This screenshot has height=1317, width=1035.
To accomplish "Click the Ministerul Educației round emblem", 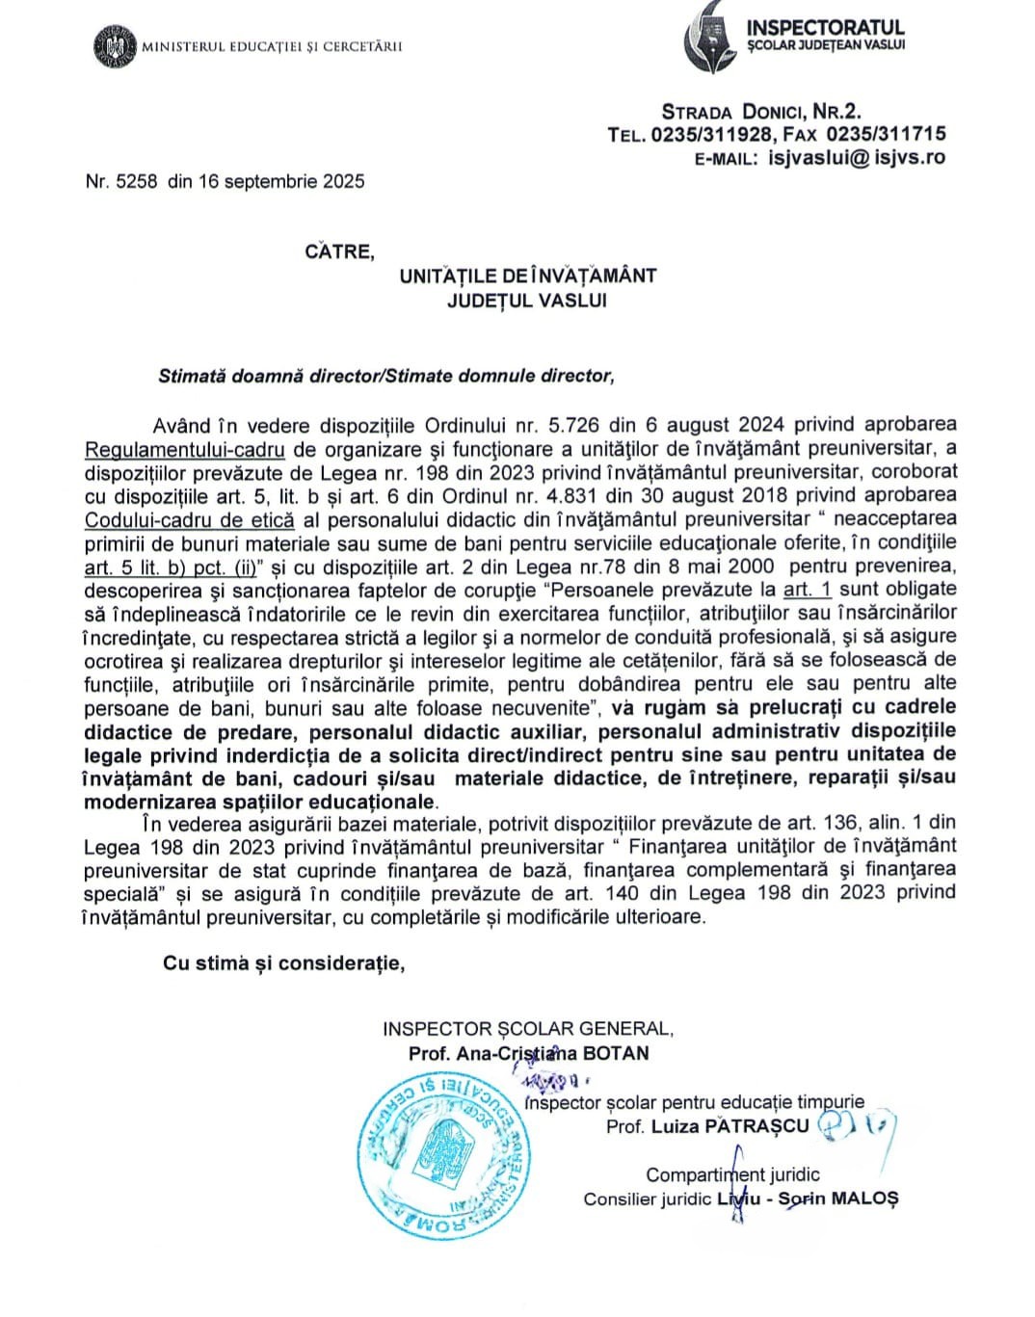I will point(116,46).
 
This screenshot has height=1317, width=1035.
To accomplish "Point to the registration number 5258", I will point(136,181).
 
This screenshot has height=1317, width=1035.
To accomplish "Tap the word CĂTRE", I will point(339,251).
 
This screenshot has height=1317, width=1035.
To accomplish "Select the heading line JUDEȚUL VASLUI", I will point(527,300).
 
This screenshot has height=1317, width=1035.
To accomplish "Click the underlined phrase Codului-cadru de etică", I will point(189,519).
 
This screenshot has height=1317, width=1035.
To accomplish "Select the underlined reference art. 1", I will point(807,589).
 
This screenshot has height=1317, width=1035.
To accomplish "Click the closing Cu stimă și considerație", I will point(283,963).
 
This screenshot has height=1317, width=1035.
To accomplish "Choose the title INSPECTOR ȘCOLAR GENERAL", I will point(528,1029).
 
